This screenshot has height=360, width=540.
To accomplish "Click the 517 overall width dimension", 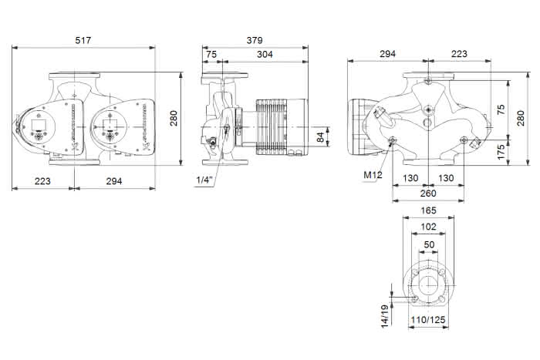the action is [x=83, y=40].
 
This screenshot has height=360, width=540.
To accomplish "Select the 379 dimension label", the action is [x=255, y=40].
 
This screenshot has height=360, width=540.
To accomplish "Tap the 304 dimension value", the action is [x=265, y=54].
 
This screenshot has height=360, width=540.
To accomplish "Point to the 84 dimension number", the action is [x=320, y=136].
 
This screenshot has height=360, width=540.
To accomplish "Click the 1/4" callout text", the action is [x=205, y=180].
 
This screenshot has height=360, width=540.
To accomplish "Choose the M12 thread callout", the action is [x=373, y=175].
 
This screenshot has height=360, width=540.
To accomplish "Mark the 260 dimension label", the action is [x=428, y=193].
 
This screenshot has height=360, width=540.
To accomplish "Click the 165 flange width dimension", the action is [x=428, y=210].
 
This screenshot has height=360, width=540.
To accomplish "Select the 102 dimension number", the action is [x=428, y=227].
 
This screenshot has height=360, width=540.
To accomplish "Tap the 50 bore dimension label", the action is [x=429, y=244].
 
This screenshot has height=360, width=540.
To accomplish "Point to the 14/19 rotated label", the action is [x=385, y=315].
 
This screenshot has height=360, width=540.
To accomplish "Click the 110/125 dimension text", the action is [x=428, y=320].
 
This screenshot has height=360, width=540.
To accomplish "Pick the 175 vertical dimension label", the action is [x=501, y=152].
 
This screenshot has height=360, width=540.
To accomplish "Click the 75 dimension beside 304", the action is [x=211, y=55].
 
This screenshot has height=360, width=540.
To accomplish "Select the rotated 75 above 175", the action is [x=501, y=109].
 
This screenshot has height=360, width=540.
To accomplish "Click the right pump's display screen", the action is [x=109, y=124].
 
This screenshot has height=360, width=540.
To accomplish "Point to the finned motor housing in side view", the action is [x=282, y=127].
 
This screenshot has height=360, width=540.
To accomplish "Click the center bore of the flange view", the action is [x=428, y=285].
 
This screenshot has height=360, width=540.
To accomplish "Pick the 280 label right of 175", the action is [x=521, y=118].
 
